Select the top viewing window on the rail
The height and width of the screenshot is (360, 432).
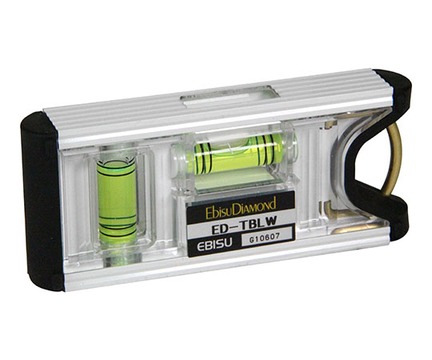click(230, 97)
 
